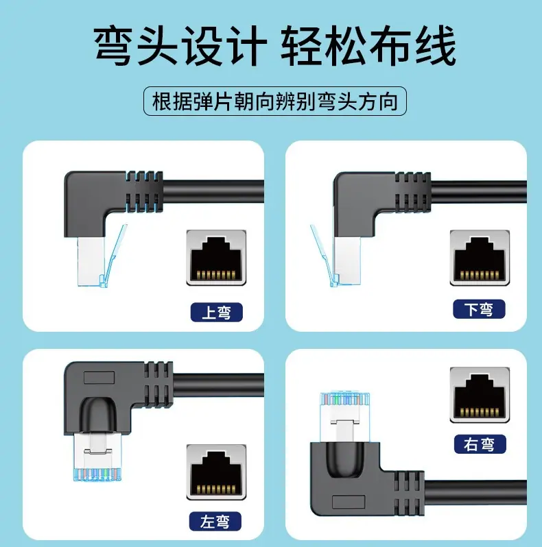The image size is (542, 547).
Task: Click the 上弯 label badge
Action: tap(217, 312)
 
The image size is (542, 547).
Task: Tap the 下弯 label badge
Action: tap(479, 309)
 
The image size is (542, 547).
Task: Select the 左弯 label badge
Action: tap(215, 522)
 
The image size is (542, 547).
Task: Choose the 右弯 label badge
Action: tap(480, 444)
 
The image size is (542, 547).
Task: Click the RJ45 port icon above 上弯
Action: tap(216, 258)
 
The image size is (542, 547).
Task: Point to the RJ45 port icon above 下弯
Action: tap(480, 258)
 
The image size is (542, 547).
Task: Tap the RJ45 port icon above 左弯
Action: tap(216, 472)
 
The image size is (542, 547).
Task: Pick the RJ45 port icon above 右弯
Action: tap(480, 395)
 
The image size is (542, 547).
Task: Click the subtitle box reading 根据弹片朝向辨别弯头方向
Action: tap(275, 101)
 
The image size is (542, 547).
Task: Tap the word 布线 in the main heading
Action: tap(412, 45)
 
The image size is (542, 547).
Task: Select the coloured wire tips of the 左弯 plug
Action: tap(97, 474)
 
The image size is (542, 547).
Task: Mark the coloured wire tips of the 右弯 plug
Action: tap(344, 399)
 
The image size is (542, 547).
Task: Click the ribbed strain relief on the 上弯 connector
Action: tap(144, 191)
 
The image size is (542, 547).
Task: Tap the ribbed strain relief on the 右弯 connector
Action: tap(409, 493)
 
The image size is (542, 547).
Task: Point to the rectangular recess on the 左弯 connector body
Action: tap(99, 378)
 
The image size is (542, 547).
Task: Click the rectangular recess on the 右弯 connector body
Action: tap(349, 502)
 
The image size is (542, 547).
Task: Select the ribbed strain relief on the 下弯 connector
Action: tap(412, 192)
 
